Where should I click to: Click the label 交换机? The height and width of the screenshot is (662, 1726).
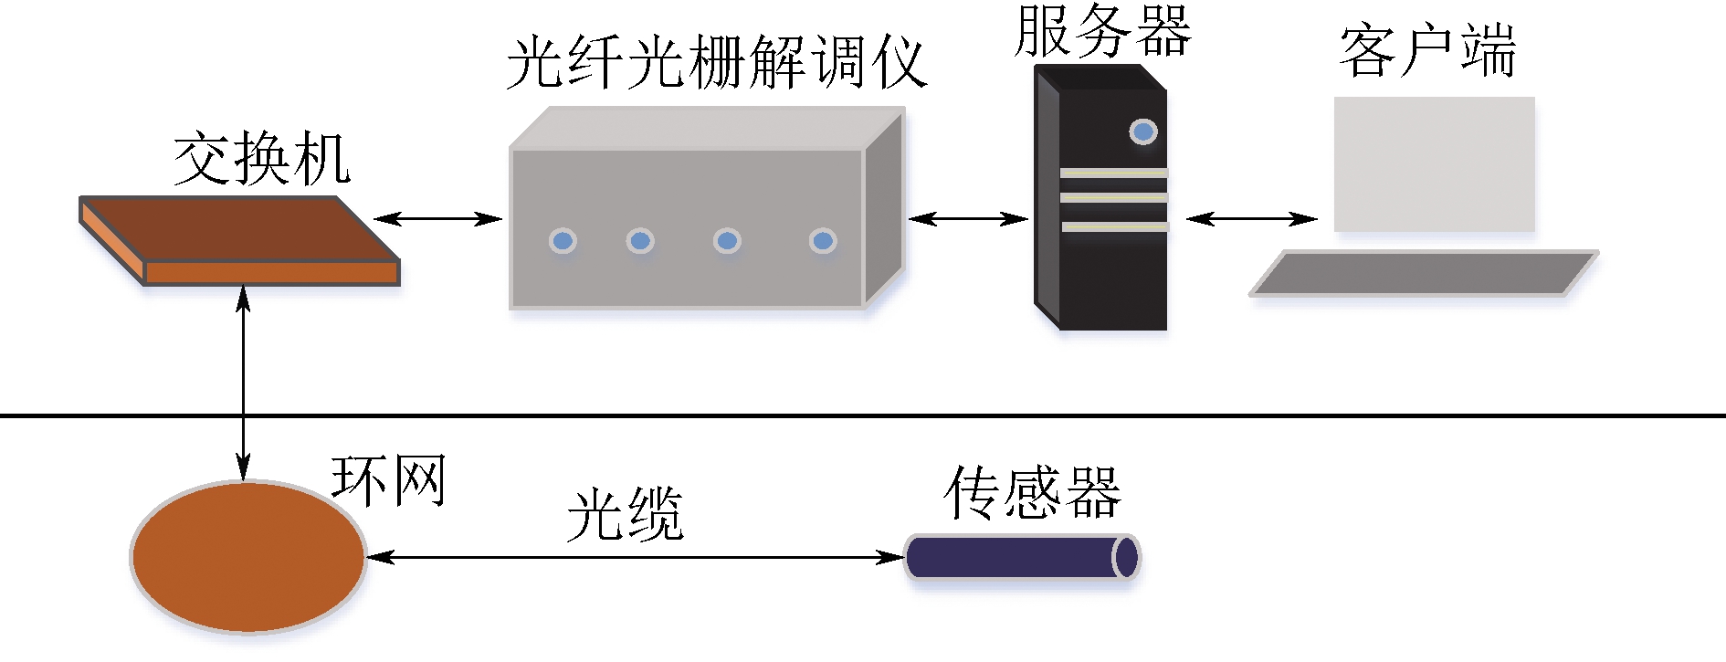(x=261, y=160)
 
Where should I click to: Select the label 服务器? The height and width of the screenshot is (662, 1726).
(x=1102, y=31)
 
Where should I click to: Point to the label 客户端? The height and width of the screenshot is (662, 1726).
(x=1426, y=51)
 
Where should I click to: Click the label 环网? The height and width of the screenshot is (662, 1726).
(x=388, y=480)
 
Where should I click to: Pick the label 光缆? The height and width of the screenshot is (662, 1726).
(x=625, y=514)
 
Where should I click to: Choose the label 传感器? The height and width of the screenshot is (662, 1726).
(x=1032, y=493)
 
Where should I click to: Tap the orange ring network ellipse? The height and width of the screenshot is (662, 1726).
(x=248, y=557)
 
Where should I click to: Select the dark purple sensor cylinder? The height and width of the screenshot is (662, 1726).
(x=1018, y=557)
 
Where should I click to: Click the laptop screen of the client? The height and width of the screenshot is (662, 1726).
(x=1434, y=164)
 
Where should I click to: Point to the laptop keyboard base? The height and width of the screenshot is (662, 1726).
(x=1423, y=273)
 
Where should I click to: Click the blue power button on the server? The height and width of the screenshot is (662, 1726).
(x=1142, y=131)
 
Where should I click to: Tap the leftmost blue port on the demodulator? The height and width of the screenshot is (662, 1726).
(x=563, y=241)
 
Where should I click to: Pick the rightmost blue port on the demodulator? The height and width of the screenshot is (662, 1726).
(x=823, y=241)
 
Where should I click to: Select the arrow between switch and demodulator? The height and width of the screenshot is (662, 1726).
(x=438, y=218)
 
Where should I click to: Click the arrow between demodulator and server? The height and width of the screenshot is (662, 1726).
(x=969, y=218)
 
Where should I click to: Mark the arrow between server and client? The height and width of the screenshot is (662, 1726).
(x=1252, y=218)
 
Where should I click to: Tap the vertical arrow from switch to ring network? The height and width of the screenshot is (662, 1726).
(x=243, y=384)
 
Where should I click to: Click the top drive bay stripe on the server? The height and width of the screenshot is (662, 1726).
(x=1113, y=173)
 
